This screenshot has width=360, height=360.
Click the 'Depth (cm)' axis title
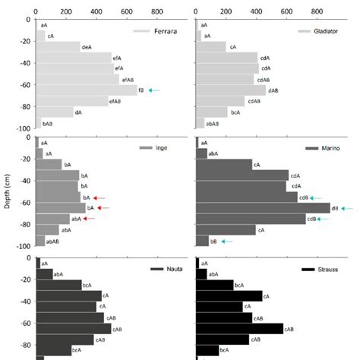click(6, 191)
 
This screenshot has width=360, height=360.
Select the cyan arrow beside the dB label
click(347, 208)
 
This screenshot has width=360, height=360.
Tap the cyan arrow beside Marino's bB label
click(227, 241)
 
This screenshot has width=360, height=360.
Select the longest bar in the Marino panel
click(263, 208)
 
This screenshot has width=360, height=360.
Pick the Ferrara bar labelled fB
click(87, 90)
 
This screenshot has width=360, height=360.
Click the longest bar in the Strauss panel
click(239, 328)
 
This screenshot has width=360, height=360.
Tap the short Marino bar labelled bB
click(202, 241)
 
